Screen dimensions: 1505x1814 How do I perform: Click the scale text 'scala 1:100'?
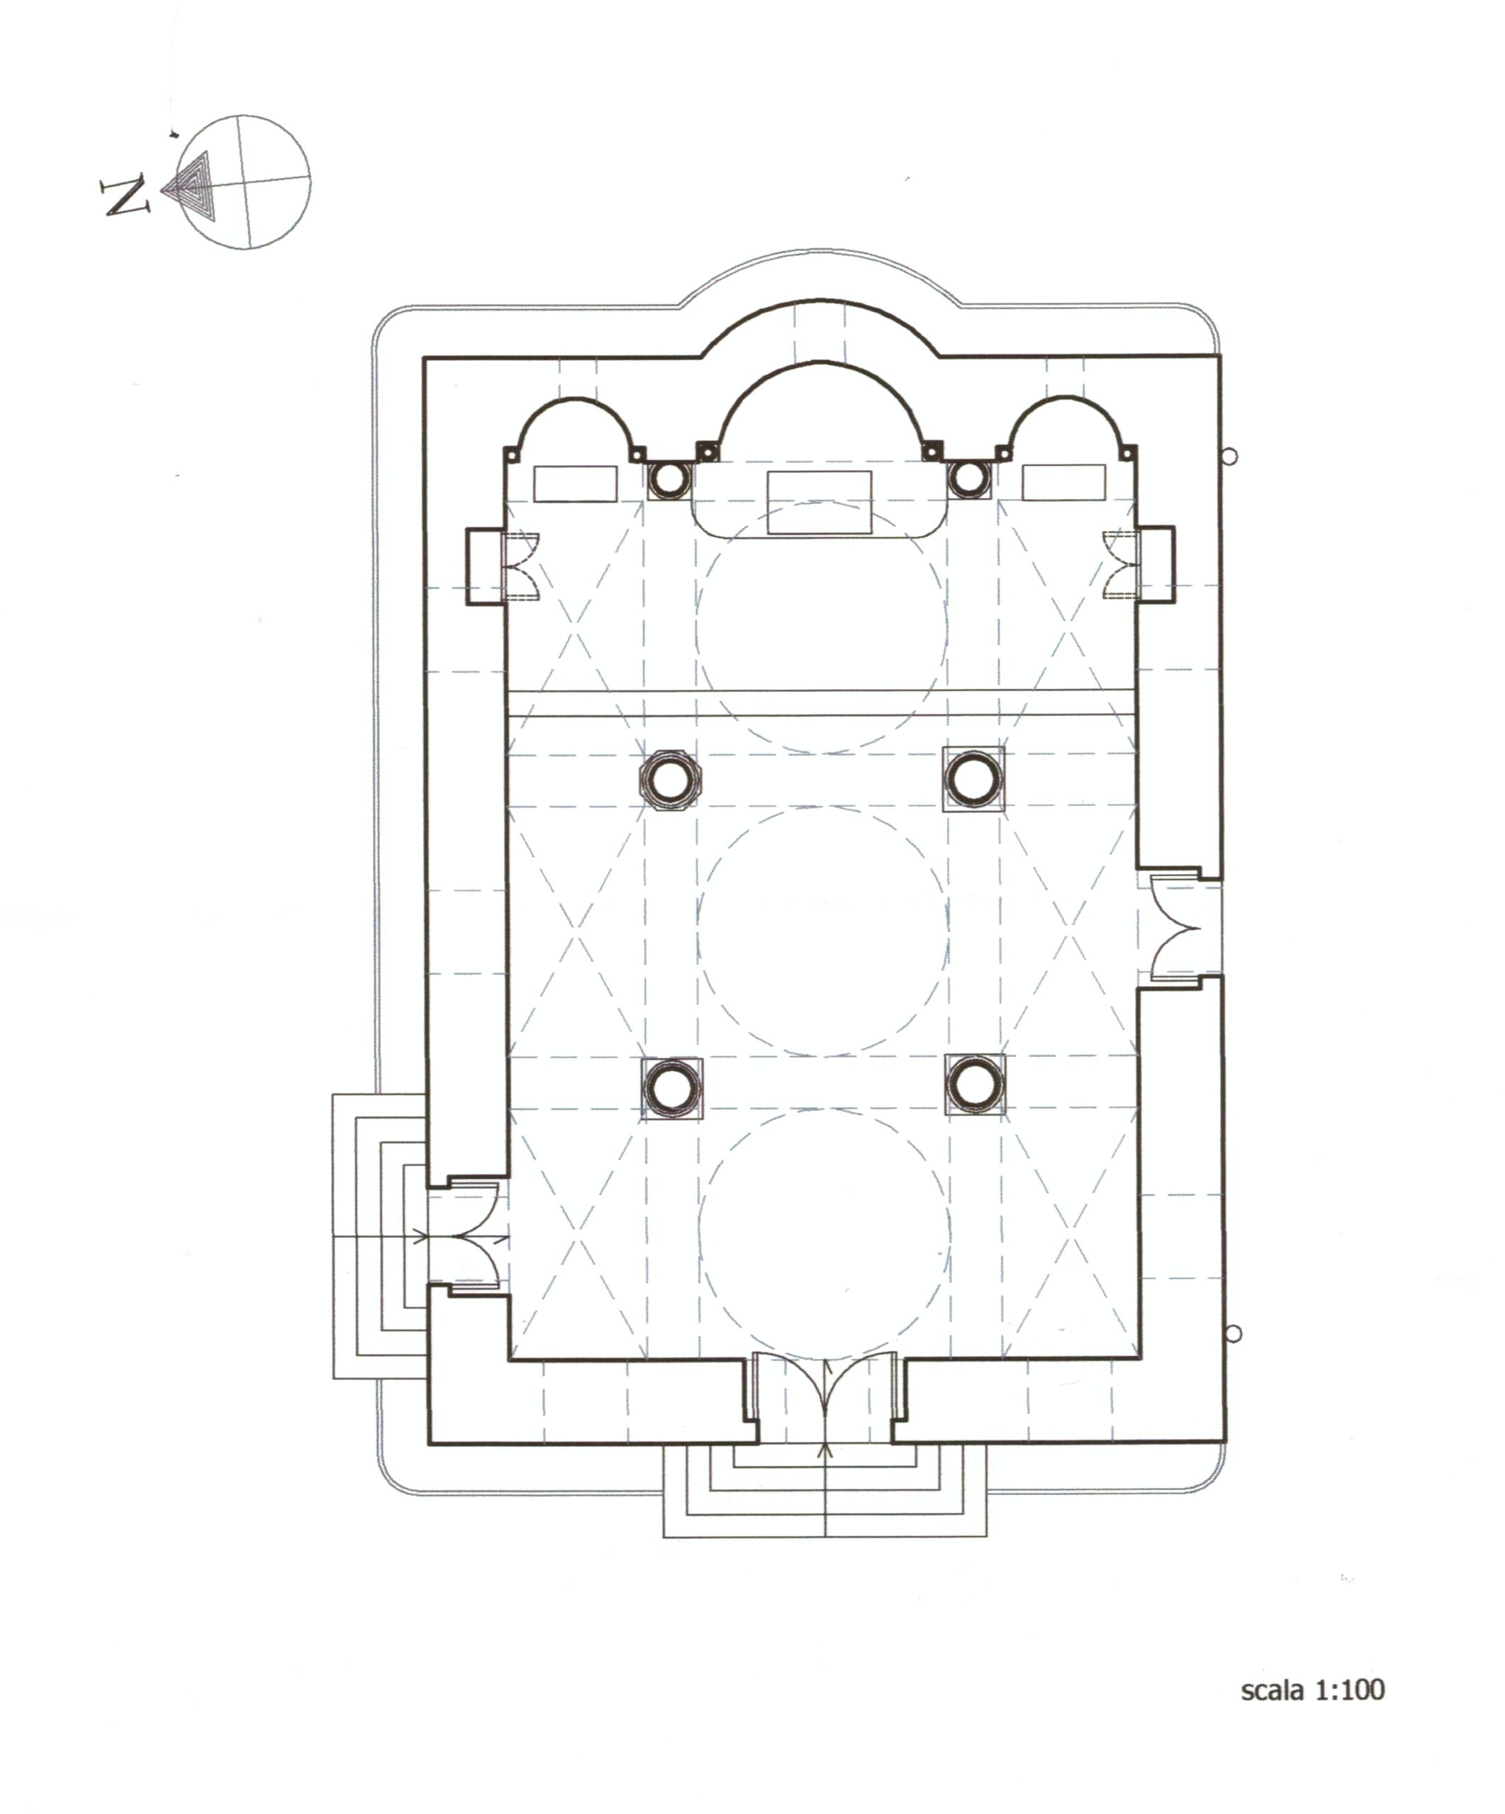point(1312,1691)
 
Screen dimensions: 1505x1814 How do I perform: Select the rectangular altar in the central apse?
point(819,503)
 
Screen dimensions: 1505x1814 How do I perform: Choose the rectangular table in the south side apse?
point(1063,482)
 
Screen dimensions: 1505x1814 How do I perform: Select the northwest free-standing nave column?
point(671,1087)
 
